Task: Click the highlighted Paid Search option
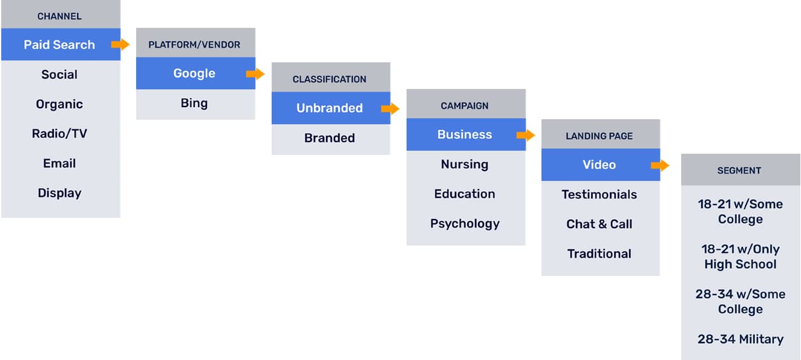pyautogui.click(x=59, y=45)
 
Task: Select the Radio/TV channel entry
pyautogui.click(x=59, y=134)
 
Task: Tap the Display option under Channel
pyautogui.click(x=59, y=193)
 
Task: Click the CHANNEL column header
pyautogui.click(x=59, y=16)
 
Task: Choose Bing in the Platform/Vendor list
pyautogui.click(x=194, y=103)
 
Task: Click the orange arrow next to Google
pyautogui.click(x=255, y=74)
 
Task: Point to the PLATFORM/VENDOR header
pyautogui.click(x=194, y=45)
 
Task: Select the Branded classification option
pyautogui.click(x=329, y=138)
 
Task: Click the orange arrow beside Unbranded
pyautogui.click(x=390, y=109)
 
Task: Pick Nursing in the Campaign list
pyautogui.click(x=465, y=165)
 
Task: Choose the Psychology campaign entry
pyautogui.click(x=465, y=224)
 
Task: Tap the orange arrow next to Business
pyautogui.click(x=526, y=135)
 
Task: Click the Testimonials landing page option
pyautogui.click(x=600, y=194)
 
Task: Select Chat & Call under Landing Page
pyautogui.click(x=600, y=224)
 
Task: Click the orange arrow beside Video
pyautogui.click(x=660, y=165)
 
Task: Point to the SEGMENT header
pyautogui.click(x=739, y=171)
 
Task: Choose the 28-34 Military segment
pyautogui.click(x=741, y=339)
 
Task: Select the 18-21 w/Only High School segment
pyautogui.click(x=741, y=257)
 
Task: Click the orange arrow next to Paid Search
pyautogui.click(x=120, y=44)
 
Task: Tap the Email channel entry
pyautogui.click(x=59, y=163)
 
